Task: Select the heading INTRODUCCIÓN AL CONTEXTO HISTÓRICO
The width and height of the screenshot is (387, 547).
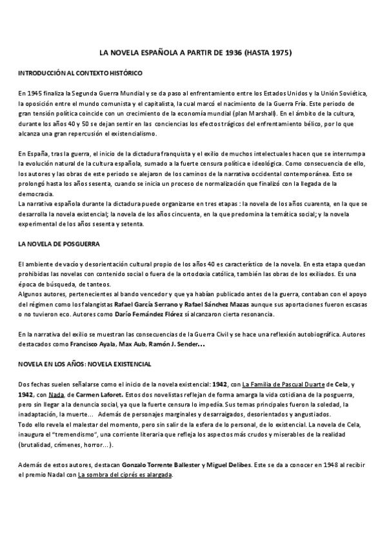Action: (80, 74)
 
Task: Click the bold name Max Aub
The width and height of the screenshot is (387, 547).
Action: (131, 344)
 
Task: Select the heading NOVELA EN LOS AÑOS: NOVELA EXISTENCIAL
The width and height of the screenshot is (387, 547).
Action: (84, 364)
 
